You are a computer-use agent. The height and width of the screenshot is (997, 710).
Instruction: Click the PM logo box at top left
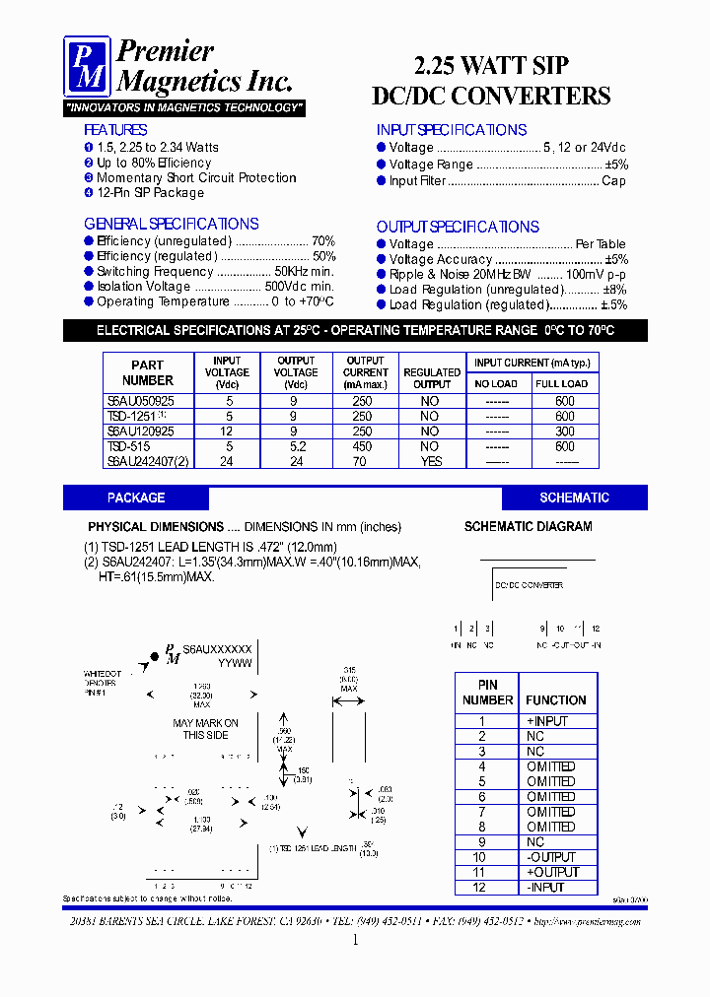click(87, 67)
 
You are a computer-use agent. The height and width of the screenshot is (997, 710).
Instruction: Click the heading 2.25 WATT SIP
click(490, 66)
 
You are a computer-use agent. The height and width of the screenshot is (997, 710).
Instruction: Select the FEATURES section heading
click(115, 130)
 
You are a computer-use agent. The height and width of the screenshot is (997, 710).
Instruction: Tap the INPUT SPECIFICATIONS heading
click(452, 130)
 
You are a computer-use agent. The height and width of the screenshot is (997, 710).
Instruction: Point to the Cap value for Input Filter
click(613, 181)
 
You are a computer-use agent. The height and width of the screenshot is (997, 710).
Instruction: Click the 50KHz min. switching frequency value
click(304, 272)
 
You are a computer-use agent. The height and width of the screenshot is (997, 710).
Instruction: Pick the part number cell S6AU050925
click(141, 401)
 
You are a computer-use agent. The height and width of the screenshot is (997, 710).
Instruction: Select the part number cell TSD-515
click(128, 446)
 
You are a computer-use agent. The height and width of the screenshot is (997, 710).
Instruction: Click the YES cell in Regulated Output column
click(431, 461)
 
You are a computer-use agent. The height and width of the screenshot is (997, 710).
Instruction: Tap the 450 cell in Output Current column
click(365, 446)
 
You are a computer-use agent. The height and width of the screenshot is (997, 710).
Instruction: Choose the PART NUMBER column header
click(147, 372)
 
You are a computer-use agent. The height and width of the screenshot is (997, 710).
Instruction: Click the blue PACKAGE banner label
click(136, 498)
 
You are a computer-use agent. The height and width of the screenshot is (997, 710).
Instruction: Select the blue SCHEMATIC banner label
click(574, 498)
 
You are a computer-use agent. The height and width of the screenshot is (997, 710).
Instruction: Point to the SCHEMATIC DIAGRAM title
click(528, 527)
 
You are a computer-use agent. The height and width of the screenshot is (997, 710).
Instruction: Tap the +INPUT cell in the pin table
click(547, 721)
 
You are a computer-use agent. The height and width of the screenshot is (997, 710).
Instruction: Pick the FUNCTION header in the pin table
click(556, 700)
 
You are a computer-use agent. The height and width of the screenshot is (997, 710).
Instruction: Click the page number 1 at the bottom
click(355, 941)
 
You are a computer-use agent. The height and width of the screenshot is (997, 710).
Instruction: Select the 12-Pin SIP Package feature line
click(150, 193)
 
